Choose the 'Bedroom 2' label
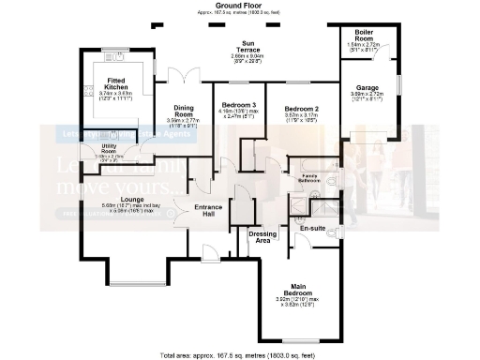click(302, 108)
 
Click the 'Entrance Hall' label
click(207, 211)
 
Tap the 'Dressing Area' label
click(262, 236)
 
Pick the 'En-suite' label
click(312, 227)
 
